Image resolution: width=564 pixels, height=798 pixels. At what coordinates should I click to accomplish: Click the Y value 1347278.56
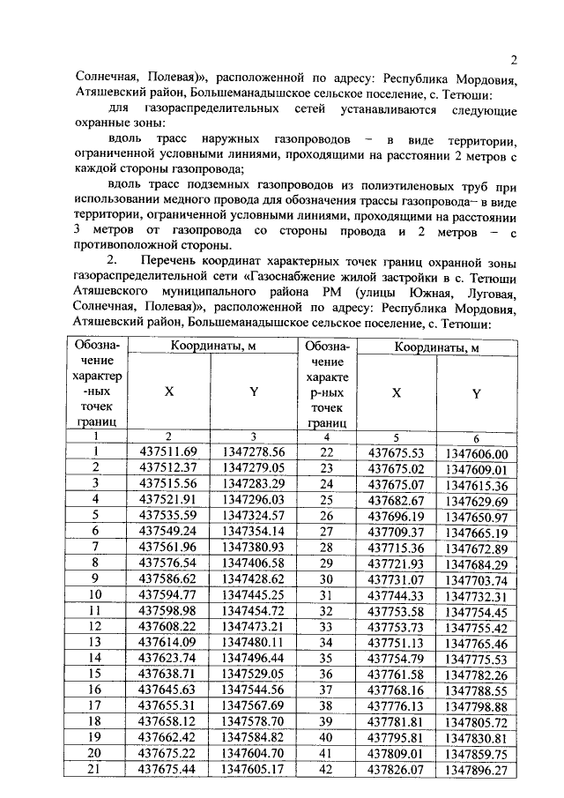pos(254,452)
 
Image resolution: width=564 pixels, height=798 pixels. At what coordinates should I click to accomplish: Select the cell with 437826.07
pos(396,770)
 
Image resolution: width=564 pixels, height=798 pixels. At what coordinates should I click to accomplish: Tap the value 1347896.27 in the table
pos(476,770)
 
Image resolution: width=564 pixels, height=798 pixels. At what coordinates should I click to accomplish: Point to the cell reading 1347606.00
pos(476,453)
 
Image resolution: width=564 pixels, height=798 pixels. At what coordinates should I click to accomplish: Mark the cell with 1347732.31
pos(476,596)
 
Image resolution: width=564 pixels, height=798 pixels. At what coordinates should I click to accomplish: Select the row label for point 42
pos(326,770)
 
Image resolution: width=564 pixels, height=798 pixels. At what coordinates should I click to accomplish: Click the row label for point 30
pos(326,580)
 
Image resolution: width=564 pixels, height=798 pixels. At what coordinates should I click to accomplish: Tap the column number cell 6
pos(476,437)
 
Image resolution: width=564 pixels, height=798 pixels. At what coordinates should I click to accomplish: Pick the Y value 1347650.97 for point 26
pos(476,516)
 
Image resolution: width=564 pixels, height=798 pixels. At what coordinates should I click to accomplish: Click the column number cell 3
pos(253,436)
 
